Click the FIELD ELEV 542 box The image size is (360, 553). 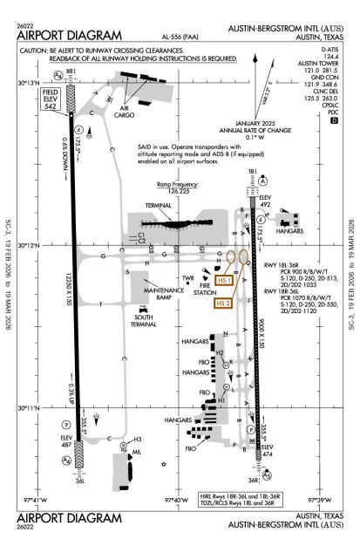tap(51, 100)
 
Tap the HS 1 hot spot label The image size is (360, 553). tap(225, 280)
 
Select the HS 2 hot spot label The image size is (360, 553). tap(224, 303)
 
